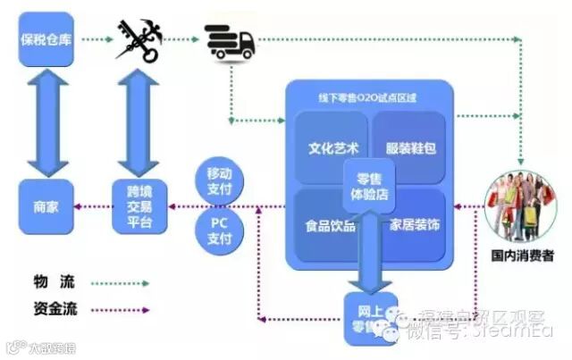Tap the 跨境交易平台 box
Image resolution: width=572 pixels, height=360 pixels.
tap(139, 207)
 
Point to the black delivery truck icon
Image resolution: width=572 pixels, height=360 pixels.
tap(230, 39)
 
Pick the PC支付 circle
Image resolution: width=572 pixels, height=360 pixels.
tap(220, 230)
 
